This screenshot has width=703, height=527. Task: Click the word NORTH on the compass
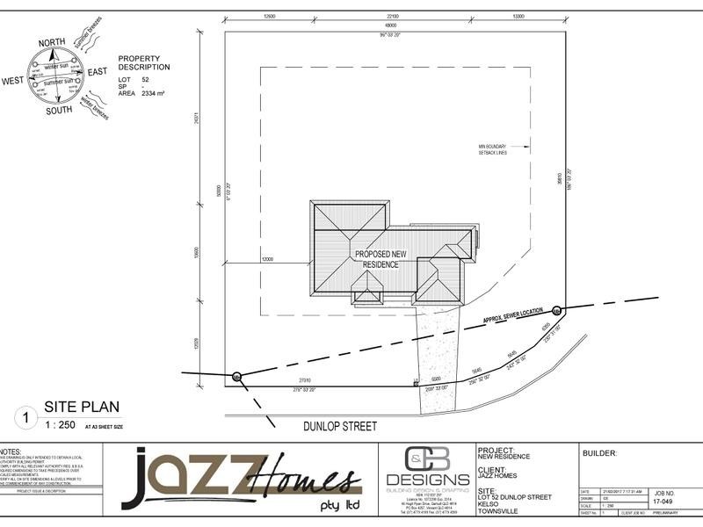tap(51, 41)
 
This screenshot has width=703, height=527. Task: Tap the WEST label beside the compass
tap(12, 81)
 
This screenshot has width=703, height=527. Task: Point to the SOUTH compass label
tap(59, 111)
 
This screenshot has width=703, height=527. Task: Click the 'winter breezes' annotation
tap(94, 107)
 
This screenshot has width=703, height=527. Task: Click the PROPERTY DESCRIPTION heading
tap(144, 62)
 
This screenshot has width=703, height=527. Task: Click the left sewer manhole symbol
tap(236, 377)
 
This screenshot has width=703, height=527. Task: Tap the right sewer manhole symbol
tap(556, 310)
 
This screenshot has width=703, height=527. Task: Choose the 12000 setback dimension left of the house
tap(267, 259)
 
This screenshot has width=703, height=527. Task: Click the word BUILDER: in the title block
tap(599, 454)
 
